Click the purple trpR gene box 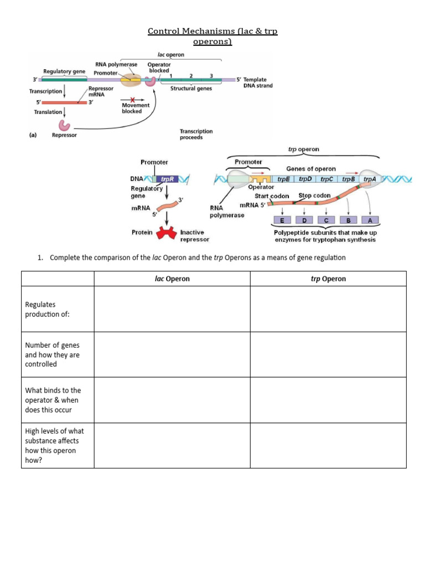[x=167, y=179]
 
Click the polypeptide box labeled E [x=283, y=220]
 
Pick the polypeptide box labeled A [x=370, y=220]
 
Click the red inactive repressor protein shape [x=166, y=234]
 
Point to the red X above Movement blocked [x=132, y=99]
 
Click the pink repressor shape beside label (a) [x=66, y=127]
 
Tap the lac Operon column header [x=172, y=279]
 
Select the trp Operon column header [x=328, y=279]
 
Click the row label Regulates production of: [x=40, y=309]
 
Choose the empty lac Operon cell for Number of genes [x=172, y=355]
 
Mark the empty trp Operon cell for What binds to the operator [x=328, y=400]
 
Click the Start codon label [x=272, y=196]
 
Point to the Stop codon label [x=315, y=195]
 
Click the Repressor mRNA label [x=100, y=91]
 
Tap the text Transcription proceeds [x=196, y=134]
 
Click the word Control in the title [x=164, y=32]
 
